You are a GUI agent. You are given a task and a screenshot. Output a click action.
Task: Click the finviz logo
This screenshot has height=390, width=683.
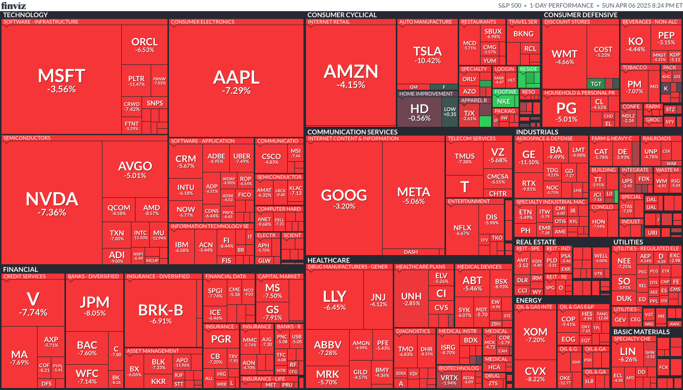click(x=14, y=6)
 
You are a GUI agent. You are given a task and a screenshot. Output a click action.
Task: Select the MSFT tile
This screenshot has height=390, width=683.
click(x=61, y=80)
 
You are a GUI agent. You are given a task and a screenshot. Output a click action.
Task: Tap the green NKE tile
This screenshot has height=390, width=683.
click(x=504, y=101)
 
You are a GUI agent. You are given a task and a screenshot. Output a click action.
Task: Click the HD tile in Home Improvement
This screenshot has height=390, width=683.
click(x=420, y=112)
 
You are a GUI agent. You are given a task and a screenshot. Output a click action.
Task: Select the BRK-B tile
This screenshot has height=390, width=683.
click(x=160, y=314)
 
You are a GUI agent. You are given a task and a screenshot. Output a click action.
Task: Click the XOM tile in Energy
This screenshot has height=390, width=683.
click(x=536, y=335)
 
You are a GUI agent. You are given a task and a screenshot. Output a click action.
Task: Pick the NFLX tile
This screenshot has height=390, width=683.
click(x=462, y=230)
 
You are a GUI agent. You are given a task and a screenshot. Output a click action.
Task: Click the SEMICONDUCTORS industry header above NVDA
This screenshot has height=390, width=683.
click(x=27, y=138)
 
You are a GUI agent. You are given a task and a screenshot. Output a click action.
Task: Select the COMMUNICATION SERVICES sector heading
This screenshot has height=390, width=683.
click(x=352, y=132)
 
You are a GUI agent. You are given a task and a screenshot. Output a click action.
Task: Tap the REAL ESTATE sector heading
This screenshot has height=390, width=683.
click(x=535, y=242)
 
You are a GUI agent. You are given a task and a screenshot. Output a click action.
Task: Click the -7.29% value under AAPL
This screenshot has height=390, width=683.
click(x=236, y=91)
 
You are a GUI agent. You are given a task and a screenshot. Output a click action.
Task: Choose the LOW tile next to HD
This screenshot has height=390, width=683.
click(x=450, y=111)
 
